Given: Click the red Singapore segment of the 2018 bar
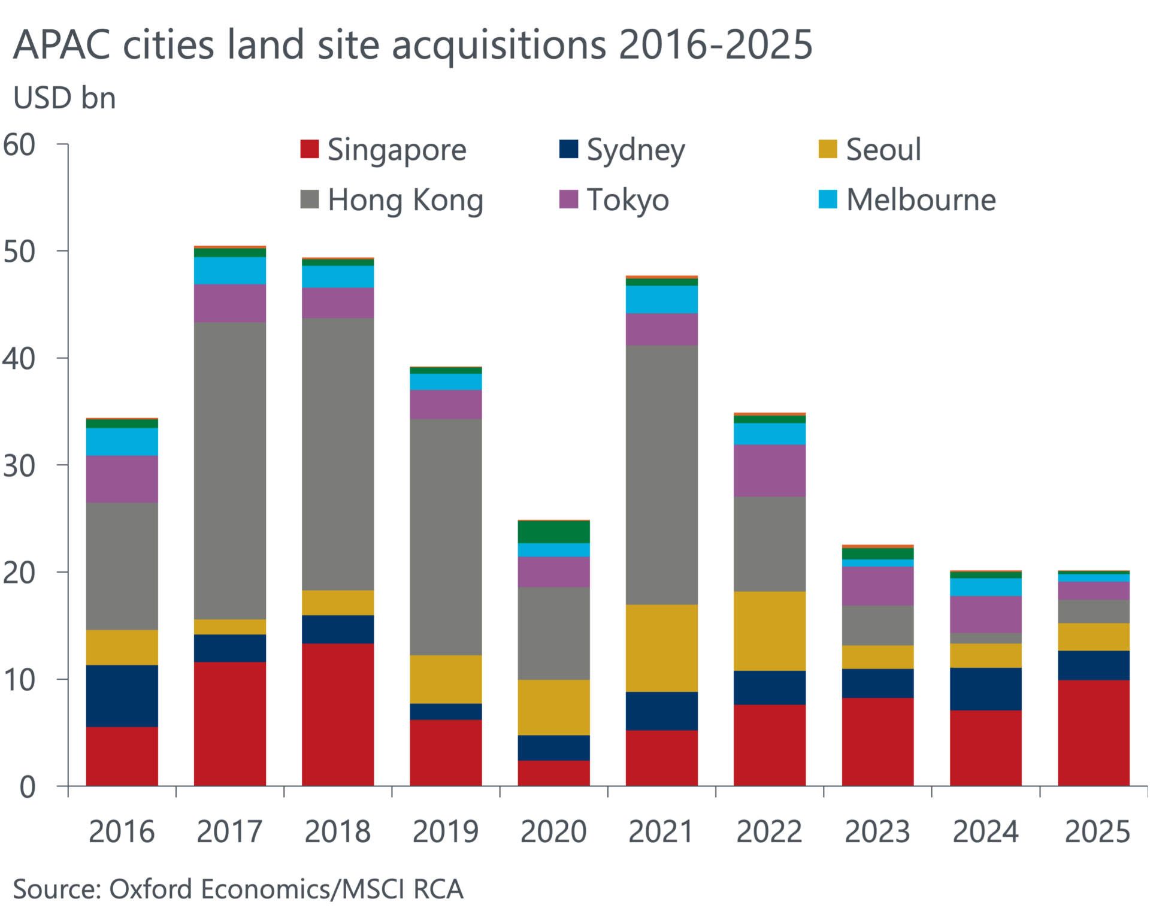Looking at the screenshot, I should click(x=338, y=714).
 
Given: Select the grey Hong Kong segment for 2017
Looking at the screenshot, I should click(x=230, y=470).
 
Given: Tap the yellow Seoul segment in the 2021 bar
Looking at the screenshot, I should click(x=662, y=648).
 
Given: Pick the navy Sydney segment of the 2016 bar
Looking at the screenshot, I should click(x=122, y=695).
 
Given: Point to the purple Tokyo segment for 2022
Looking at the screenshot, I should click(x=770, y=470).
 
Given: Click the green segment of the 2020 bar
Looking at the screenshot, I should click(x=553, y=532).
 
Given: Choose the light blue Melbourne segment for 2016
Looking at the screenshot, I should click(x=122, y=441).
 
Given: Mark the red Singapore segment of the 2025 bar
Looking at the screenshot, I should click(x=1094, y=733).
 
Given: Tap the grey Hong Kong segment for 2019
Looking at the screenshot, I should click(x=446, y=536).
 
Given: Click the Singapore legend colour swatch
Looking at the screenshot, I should click(x=310, y=149).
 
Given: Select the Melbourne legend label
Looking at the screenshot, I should click(x=921, y=199).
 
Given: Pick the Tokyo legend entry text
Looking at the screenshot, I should click(x=628, y=199).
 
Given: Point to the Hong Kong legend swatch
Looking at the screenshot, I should click(x=310, y=199).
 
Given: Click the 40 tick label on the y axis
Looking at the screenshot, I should click(x=20, y=359).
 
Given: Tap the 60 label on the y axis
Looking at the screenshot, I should click(x=20, y=145).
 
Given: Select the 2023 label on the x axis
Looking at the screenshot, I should click(x=877, y=831).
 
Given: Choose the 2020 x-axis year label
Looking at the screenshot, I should click(x=553, y=831).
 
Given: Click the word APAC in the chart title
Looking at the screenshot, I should click(x=62, y=45).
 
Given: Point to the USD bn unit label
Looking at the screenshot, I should click(x=65, y=98).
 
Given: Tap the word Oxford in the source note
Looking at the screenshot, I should click(x=152, y=889).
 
